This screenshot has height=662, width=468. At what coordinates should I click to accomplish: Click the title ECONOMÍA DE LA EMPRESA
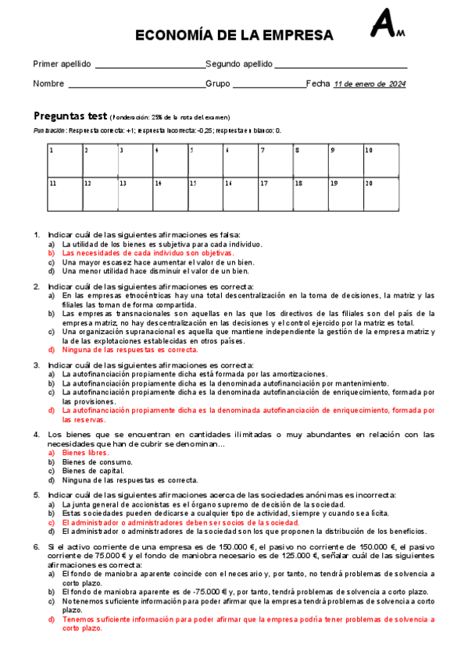(234, 35)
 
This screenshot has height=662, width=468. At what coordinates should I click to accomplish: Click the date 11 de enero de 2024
(370, 84)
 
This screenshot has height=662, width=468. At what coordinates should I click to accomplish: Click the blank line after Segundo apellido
(341, 66)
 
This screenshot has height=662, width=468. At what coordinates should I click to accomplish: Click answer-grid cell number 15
(205, 194)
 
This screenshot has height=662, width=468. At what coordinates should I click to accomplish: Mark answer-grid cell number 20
(380, 194)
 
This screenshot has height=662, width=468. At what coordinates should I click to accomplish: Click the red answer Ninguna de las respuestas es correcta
(130, 350)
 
